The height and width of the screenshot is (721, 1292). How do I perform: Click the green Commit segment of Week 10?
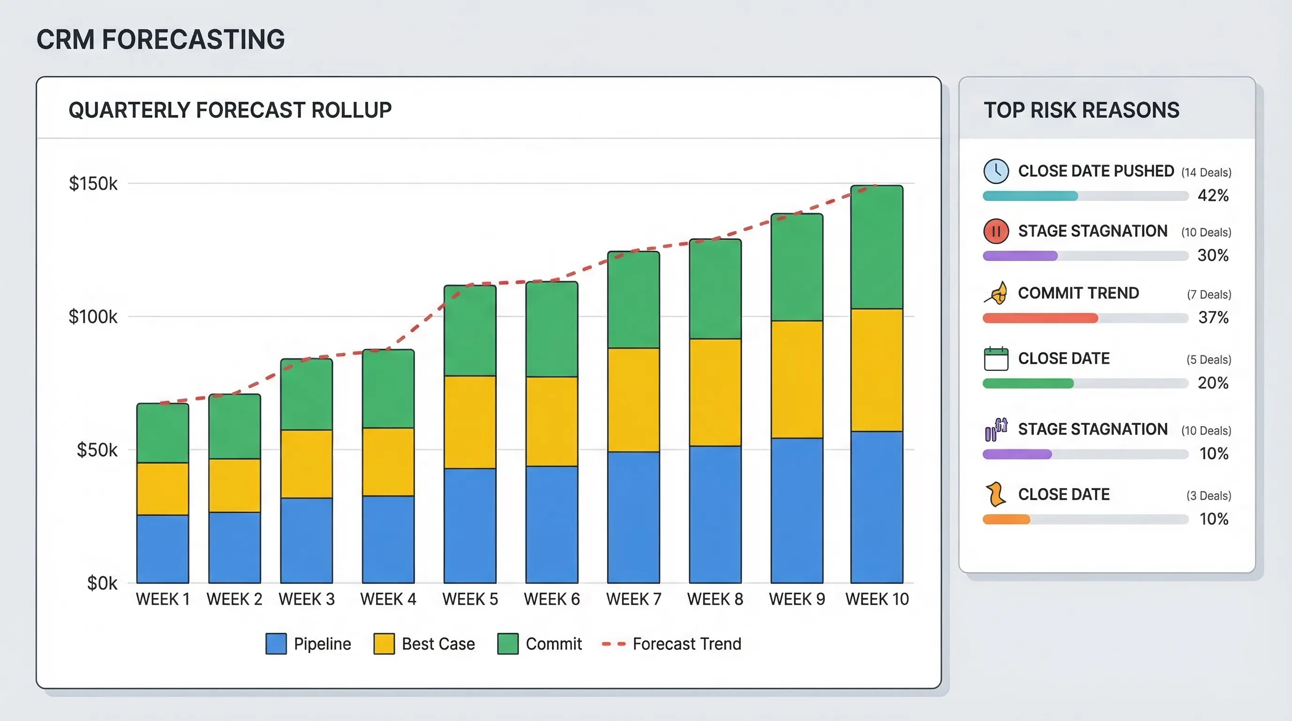[877, 247]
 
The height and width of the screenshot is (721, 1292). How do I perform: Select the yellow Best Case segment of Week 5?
[470, 422]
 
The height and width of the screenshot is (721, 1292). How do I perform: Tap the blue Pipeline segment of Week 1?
[162, 549]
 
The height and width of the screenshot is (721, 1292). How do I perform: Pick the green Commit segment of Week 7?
[633, 300]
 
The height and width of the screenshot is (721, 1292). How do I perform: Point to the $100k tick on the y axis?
[93, 316]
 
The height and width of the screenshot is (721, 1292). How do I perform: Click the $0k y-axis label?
[102, 583]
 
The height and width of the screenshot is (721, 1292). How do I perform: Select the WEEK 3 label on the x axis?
[307, 599]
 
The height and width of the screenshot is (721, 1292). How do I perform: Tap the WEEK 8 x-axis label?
[715, 599]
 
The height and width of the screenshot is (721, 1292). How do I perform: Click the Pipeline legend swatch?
[276, 644]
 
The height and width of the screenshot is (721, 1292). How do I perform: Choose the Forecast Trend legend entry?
[672, 644]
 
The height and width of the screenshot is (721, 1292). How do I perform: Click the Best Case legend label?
[438, 644]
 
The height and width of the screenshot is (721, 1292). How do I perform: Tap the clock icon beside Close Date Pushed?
[996, 171]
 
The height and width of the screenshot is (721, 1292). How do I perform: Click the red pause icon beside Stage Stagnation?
[996, 231]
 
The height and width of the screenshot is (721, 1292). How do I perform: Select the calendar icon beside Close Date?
[996, 359]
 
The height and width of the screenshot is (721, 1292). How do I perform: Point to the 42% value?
[1213, 195]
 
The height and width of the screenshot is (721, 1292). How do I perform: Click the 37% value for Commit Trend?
[1213, 317]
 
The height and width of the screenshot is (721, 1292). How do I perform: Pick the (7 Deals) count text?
[1209, 294]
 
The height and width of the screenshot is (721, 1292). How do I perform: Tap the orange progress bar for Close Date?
[1006, 520]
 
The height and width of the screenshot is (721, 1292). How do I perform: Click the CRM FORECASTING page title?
[161, 39]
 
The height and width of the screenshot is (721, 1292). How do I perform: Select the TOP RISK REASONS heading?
[1081, 110]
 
